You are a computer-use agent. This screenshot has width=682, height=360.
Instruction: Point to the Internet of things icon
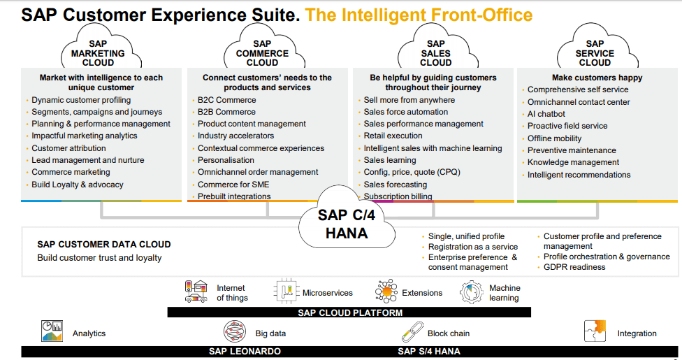click(x=196, y=291)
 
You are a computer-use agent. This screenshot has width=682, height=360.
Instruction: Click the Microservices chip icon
click(x=286, y=292)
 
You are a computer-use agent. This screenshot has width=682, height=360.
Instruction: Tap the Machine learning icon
click(x=472, y=292)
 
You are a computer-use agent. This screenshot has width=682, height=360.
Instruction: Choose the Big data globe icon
click(x=235, y=332)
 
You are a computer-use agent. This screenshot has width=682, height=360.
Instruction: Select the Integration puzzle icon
click(x=595, y=332)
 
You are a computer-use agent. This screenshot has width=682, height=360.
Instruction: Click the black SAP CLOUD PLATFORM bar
click(x=349, y=312)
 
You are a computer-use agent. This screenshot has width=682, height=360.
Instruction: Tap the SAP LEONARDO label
click(x=245, y=352)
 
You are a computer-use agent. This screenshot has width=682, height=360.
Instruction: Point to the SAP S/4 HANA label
click(x=429, y=352)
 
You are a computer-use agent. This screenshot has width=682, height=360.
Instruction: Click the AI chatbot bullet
click(x=546, y=114)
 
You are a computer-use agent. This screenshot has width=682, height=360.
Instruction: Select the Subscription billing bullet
click(x=398, y=197)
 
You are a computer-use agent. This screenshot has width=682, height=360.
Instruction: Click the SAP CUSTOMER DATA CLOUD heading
click(x=103, y=245)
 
